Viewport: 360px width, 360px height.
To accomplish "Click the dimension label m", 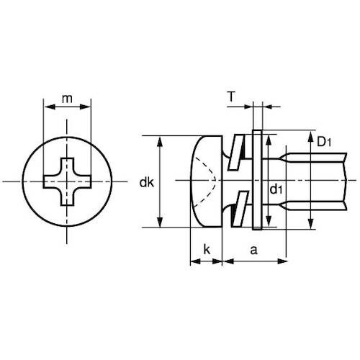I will tap(68, 98).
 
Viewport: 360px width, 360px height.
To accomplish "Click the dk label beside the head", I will tap(146, 182).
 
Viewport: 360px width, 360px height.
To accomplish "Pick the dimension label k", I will tap(207, 250).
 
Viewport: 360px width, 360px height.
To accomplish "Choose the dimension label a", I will tap(253, 250).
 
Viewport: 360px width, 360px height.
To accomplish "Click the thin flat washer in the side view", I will tap(256, 181).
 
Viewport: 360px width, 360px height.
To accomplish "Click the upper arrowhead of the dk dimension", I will tap(160, 140).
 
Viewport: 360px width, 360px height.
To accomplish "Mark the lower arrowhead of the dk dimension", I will tap(160, 222).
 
